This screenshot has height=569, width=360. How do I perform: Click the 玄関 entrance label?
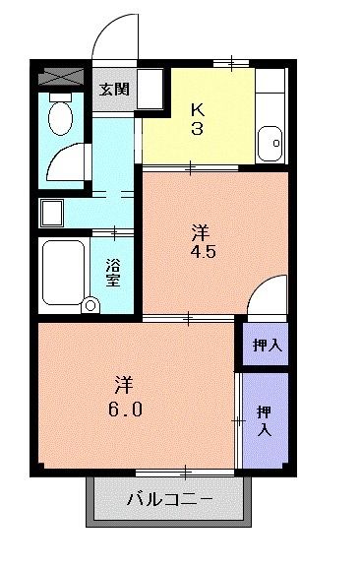point(114,88)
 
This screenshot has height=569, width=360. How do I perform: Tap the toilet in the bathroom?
point(60,117)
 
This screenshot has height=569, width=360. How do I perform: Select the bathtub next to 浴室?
point(66,270)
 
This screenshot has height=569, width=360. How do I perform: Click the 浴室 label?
point(114,272)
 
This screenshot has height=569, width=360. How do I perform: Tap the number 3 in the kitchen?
point(197,129)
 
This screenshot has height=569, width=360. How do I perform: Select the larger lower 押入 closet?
point(265,420)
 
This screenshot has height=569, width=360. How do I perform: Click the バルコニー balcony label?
point(169,499)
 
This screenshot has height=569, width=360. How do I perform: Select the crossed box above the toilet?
point(62,76)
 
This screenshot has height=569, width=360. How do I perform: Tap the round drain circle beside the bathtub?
point(90,305)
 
